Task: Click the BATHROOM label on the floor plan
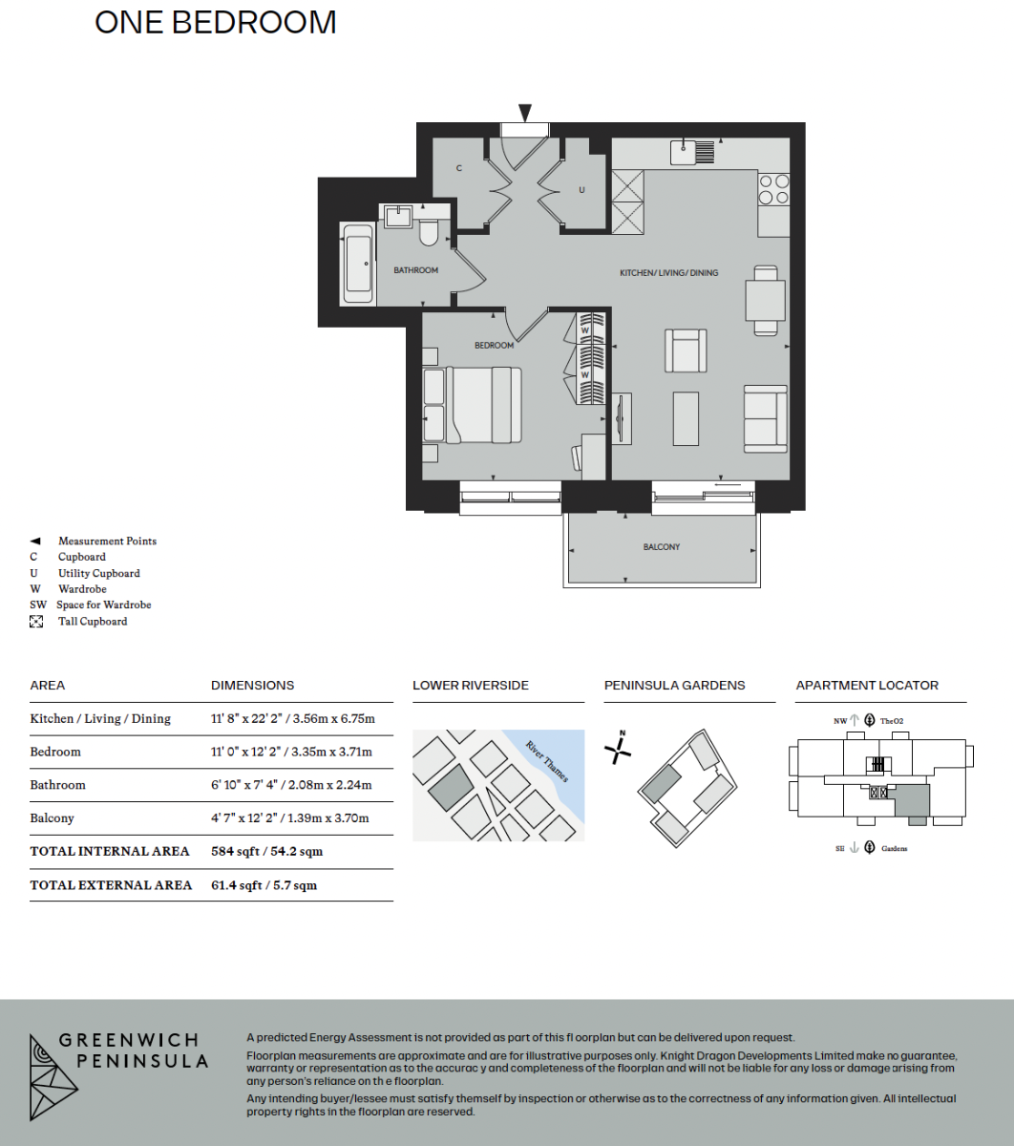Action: (x=415, y=270)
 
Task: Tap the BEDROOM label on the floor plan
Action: (x=494, y=345)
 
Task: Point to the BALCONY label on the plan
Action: (x=661, y=547)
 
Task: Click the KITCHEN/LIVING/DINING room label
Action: (x=669, y=272)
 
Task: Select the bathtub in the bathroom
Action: (x=356, y=265)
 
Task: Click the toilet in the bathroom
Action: (x=429, y=233)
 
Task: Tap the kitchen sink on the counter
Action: (x=692, y=152)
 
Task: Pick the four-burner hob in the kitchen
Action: (x=773, y=189)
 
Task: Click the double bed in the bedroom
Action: (x=473, y=404)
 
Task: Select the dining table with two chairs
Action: (x=765, y=301)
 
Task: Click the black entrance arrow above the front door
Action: (x=525, y=113)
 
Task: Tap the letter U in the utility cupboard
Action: (x=581, y=190)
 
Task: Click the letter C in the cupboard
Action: (x=458, y=168)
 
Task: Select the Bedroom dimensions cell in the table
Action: (x=291, y=752)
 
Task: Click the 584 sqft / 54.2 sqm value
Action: (x=267, y=851)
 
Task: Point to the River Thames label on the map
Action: (x=547, y=761)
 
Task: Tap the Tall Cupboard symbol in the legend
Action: (x=36, y=622)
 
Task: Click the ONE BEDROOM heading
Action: (x=216, y=23)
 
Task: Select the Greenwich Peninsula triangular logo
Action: (x=53, y=1077)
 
